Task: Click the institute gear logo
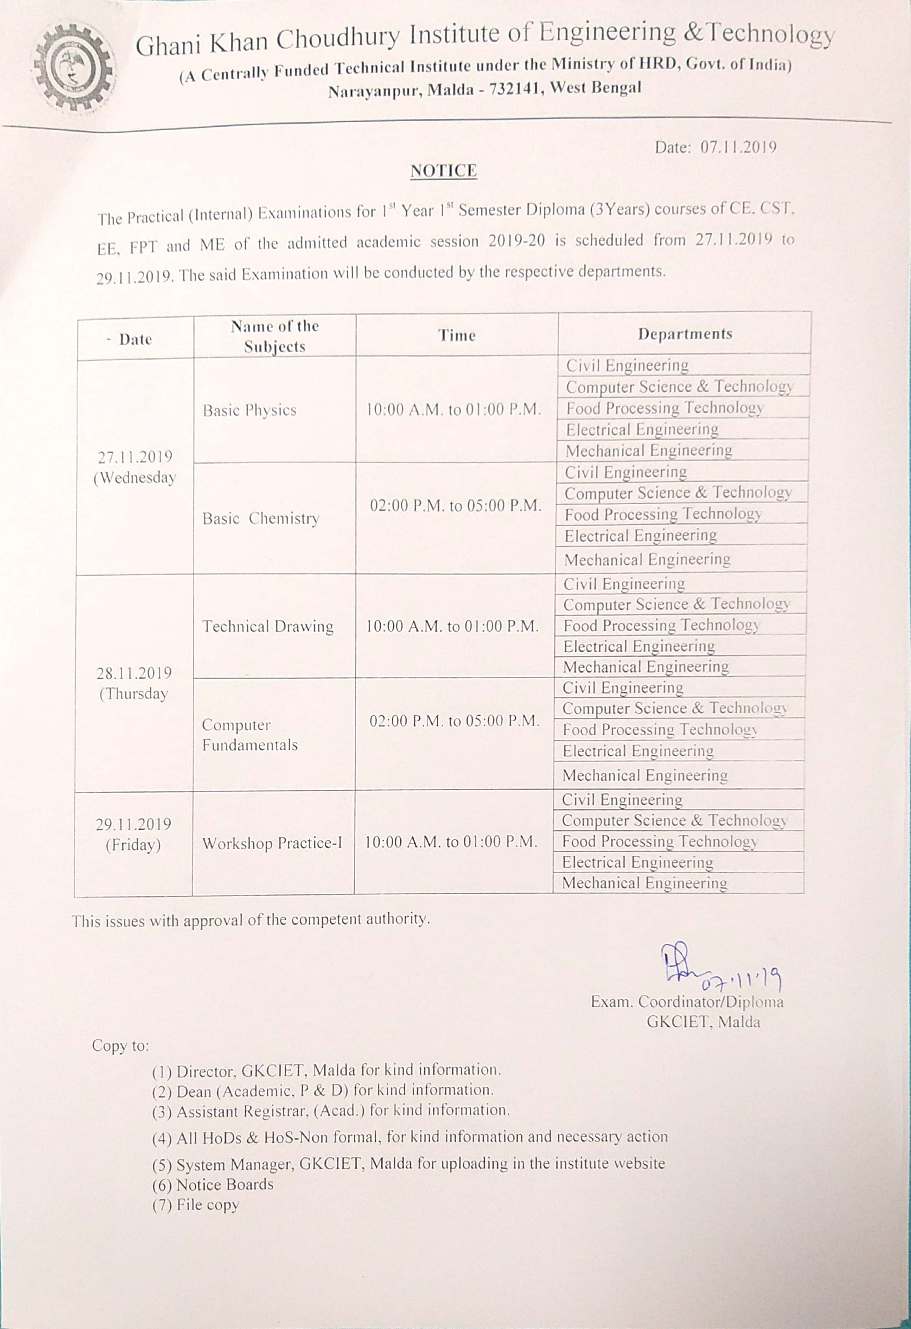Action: [73, 68]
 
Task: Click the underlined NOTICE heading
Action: [443, 171]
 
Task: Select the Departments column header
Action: [684, 333]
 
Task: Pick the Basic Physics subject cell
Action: [249, 410]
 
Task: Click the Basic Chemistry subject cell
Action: [261, 518]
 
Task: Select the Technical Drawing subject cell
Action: [268, 626]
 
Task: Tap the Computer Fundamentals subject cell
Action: [250, 735]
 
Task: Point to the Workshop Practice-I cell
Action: [272, 843]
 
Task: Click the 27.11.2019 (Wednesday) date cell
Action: [135, 467]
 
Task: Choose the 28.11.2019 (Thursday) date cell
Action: [134, 683]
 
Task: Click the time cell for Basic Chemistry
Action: [455, 506]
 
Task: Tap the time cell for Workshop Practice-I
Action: [451, 842]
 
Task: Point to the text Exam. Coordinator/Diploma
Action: [687, 1002]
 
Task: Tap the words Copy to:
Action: [120, 1046]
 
